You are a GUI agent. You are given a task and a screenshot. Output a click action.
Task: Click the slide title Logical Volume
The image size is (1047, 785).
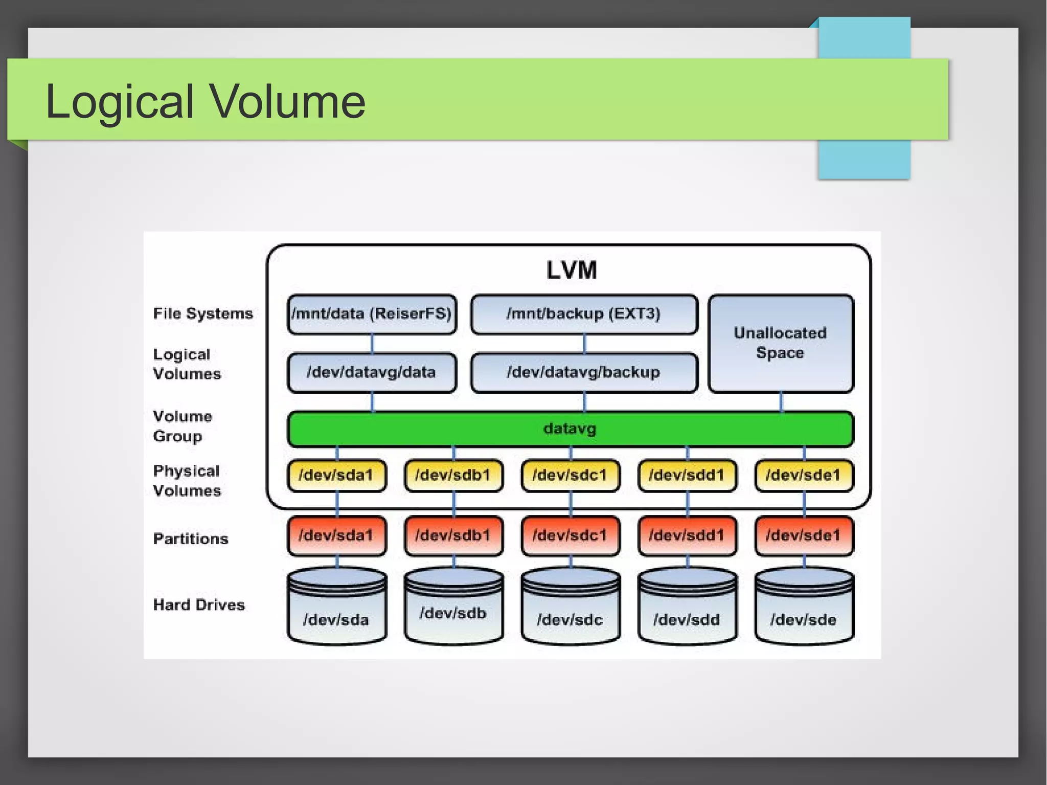point(206,101)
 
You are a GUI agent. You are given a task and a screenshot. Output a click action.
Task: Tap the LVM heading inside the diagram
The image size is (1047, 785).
point(571,270)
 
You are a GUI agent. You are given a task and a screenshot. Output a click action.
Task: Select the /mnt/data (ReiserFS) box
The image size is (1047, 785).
point(372,313)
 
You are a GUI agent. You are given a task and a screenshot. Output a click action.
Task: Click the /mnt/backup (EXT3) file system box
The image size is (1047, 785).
point(584,313)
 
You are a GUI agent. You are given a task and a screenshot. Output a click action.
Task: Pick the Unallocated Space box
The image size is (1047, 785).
point(780,343)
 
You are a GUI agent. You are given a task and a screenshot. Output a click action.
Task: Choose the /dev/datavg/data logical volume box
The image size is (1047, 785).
point(372,372)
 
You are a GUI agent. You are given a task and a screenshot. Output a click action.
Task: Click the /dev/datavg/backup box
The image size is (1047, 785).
point(584,372)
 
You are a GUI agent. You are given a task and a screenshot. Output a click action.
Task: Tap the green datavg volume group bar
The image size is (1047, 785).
point(570,429)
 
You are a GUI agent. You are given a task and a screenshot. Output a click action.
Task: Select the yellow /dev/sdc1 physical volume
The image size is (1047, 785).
point(570,475)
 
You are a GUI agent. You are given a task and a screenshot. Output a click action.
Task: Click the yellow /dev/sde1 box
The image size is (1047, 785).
point(804,475)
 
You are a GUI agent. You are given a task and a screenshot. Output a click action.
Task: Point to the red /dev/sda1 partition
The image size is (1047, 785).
point(336,535)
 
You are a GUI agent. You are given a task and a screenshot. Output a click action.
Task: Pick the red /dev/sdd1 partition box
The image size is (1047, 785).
point(687,535)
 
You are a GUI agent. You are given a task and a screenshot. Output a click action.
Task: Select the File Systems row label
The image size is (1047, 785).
point(203,313)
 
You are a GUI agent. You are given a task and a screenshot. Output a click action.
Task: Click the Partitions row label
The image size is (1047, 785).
point(191,539)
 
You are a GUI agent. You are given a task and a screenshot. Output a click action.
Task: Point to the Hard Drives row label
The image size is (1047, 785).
point(199,605)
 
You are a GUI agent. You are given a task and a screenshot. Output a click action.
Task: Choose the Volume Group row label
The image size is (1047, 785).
point(182,426)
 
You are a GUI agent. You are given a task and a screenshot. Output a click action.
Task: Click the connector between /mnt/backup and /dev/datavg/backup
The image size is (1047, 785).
point(584,344)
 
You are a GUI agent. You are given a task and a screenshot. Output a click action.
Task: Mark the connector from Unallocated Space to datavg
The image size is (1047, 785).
point(781,402)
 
